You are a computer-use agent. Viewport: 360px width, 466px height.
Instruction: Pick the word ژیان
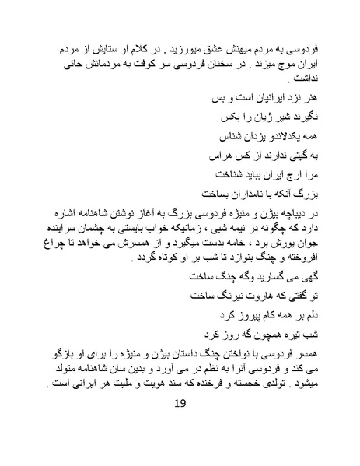256,120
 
